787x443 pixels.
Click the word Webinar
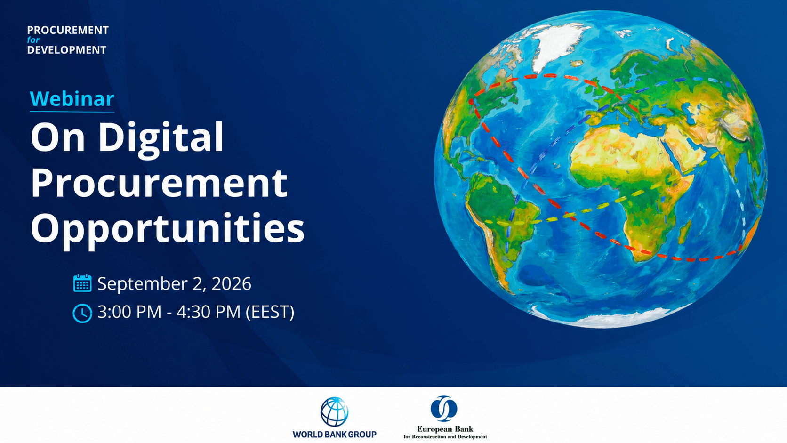72,99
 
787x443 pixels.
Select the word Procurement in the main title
159,183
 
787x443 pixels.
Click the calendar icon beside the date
82,283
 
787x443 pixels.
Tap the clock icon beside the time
82,313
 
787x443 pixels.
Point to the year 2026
232,283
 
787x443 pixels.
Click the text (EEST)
270,312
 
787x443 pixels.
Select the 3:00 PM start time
129,312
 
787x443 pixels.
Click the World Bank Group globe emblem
335,411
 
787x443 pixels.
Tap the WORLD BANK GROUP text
335,435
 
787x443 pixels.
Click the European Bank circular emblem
444,409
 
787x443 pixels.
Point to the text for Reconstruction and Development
445,437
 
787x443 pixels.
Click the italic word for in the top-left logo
33,40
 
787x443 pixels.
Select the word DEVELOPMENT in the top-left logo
67,50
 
